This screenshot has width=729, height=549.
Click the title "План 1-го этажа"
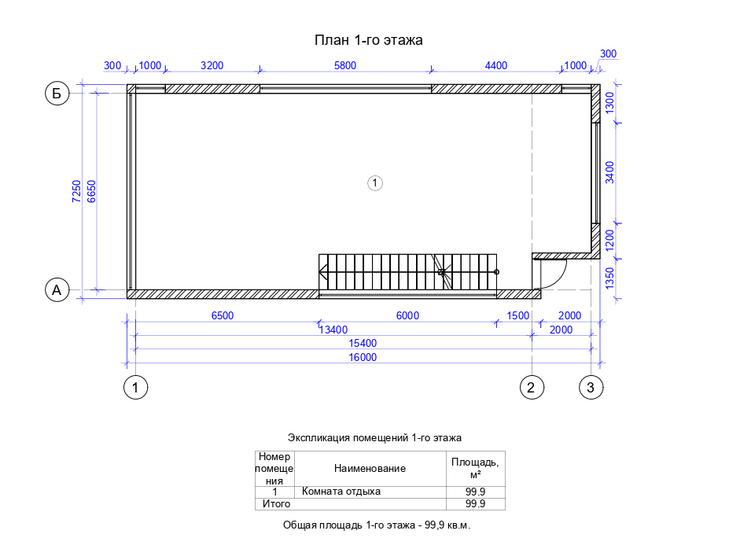[368, 40]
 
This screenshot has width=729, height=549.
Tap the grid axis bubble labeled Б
[57, 94]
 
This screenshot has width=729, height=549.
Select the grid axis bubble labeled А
[57, 289]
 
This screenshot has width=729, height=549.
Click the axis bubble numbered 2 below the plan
[532, 387]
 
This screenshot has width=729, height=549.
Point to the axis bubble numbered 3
[591, 387]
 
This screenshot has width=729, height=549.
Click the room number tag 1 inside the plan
[375, 182]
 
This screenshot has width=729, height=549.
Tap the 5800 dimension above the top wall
[345, 65]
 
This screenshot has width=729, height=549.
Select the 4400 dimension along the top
[496, 65]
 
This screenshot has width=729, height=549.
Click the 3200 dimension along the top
[212, 65]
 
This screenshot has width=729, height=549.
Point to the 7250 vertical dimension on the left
[77, 192]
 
